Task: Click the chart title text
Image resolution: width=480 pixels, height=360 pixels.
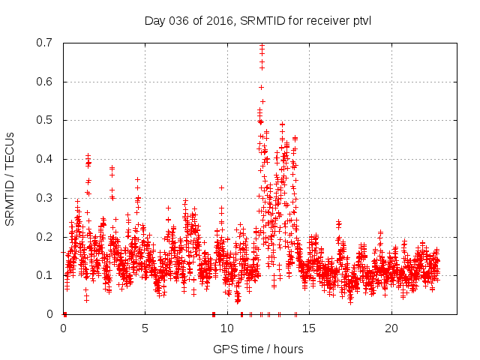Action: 258,20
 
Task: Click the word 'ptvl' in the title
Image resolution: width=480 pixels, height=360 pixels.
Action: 361,20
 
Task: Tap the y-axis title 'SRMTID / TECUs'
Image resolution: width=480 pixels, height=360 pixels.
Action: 10,178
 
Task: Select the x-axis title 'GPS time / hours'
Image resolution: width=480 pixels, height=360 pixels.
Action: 258,349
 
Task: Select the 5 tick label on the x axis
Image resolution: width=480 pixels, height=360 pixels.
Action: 145,328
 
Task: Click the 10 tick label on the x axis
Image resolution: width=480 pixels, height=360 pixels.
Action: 227,328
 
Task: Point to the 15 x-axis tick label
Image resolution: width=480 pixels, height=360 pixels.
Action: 310,328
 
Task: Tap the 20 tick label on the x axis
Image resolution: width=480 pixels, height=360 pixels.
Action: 391,328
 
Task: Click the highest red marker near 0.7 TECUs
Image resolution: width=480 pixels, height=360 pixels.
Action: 262,46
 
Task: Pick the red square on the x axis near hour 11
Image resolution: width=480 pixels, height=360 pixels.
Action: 241,314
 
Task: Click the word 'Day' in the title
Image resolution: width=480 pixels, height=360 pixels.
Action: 154,20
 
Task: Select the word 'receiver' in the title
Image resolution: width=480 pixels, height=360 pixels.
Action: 328,20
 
